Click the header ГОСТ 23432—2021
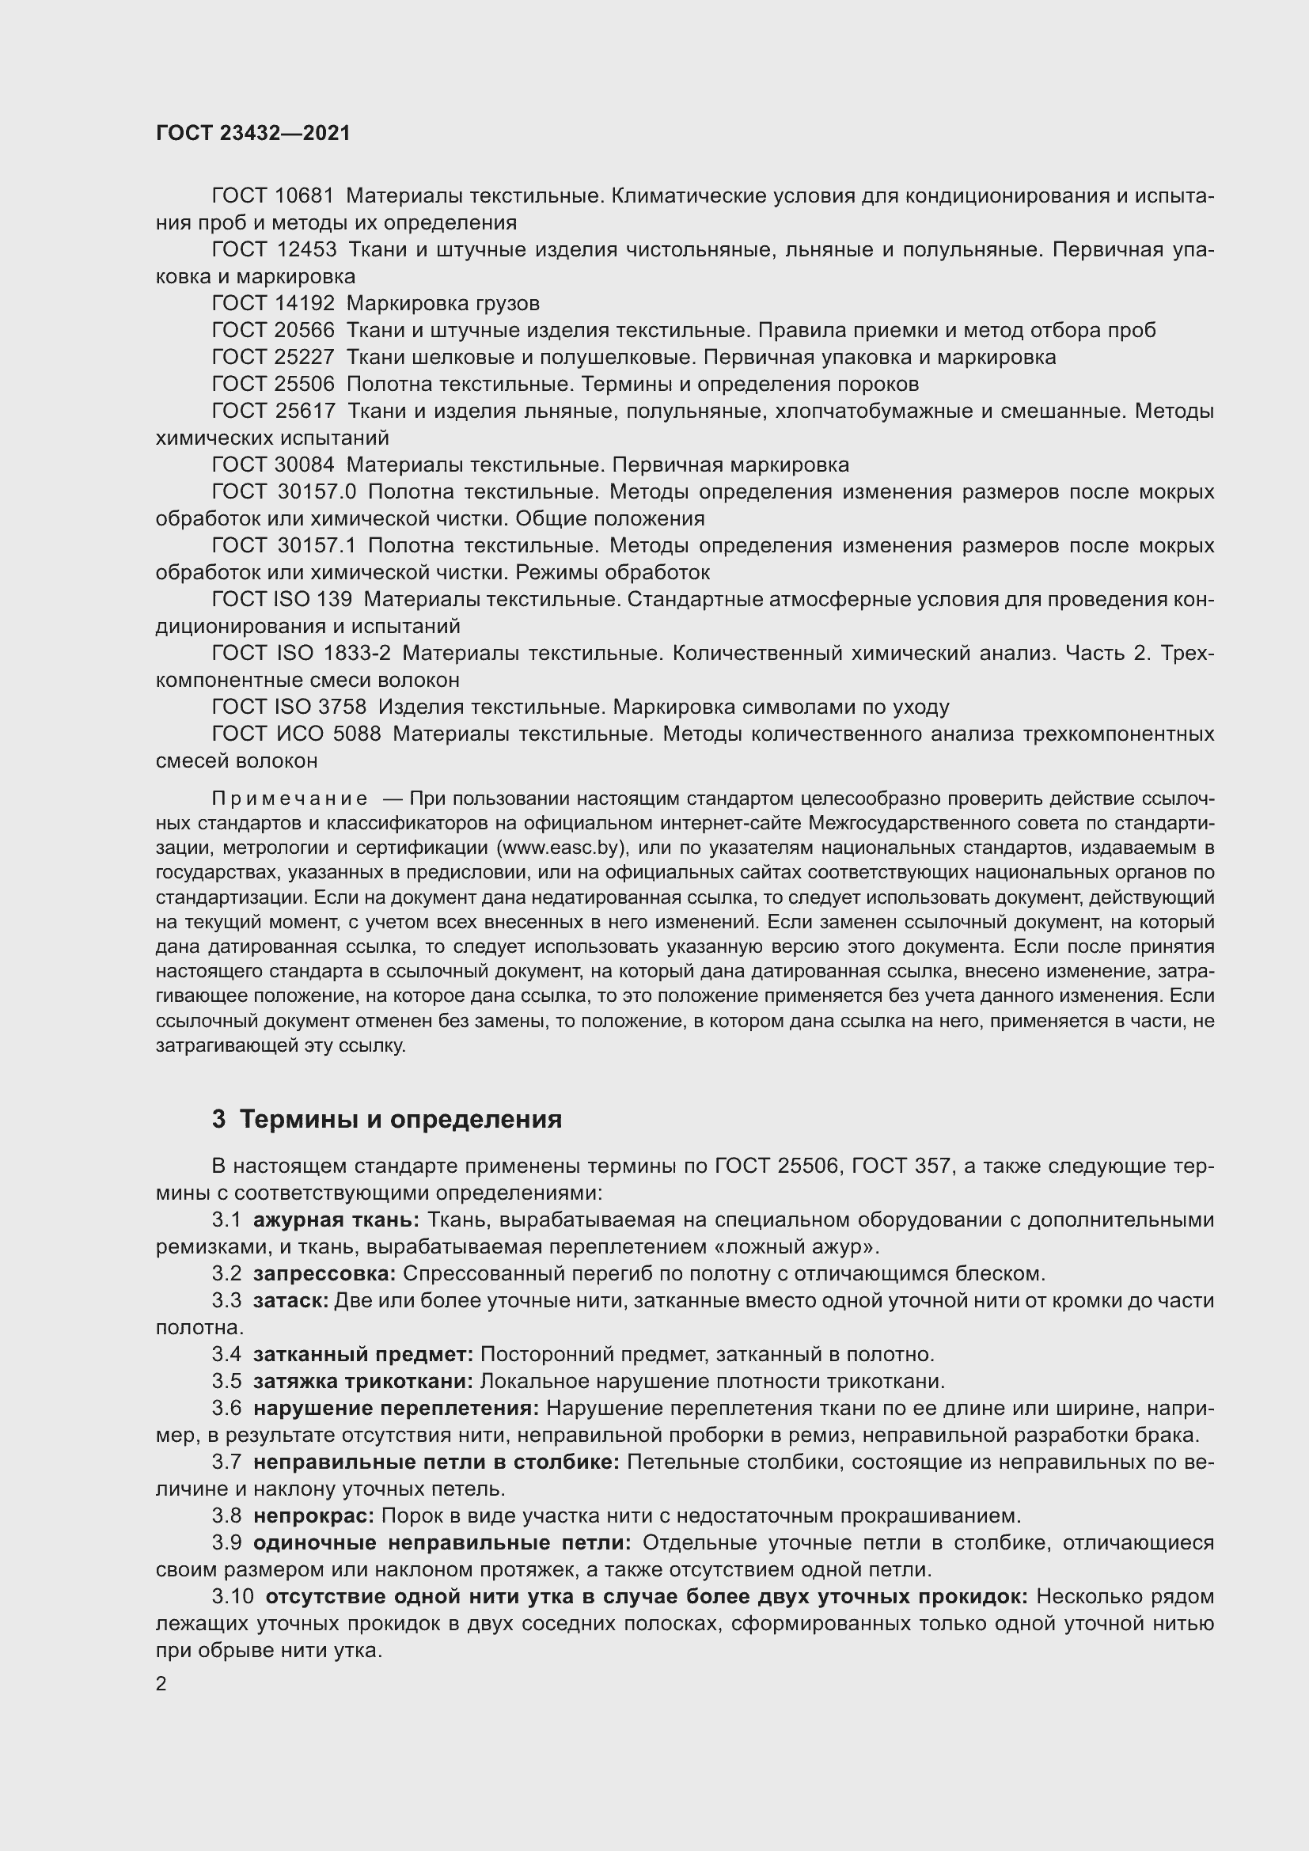253,133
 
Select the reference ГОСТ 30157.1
284,546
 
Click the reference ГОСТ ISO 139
281,599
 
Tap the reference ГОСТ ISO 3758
289,707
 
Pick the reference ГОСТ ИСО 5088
296,734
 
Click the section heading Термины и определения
400,1119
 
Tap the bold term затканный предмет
362,1354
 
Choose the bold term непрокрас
313,1515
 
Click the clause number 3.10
233,1596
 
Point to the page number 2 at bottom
161,1684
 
